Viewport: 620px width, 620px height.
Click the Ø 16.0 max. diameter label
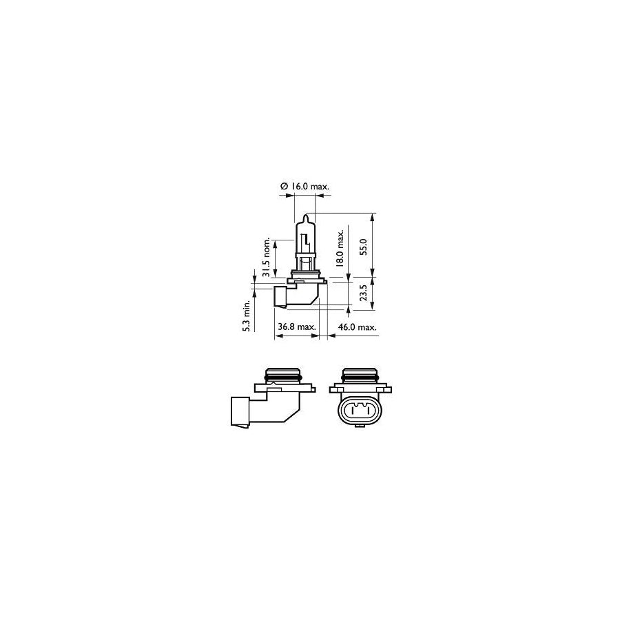pos(304,186)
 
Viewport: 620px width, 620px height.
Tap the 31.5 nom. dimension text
pos(267,258)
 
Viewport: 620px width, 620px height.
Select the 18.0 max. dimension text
pos(340,247)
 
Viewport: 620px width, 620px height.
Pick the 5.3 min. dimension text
pos(247,316)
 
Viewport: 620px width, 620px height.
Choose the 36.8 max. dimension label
pos(297,327)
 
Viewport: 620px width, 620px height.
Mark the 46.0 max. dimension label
pos(357,327)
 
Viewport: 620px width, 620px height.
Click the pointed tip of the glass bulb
pos(305,216)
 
